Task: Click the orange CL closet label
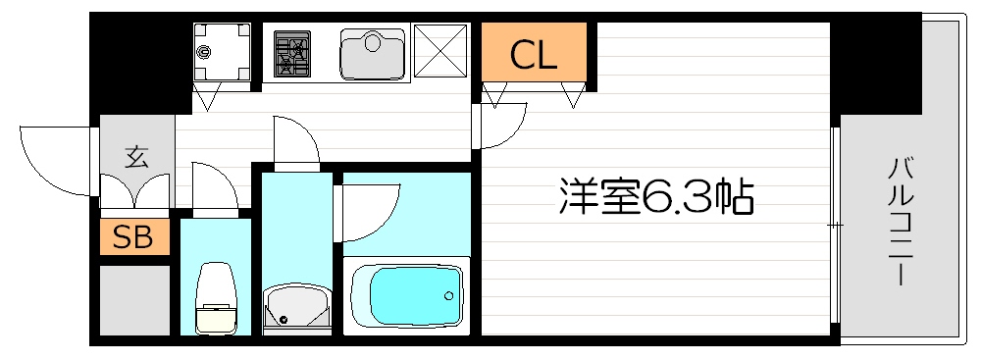pyautogui.click(x=534, y=56)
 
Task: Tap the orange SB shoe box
pyautogui.click(x=133, y=237)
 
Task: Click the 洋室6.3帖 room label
pyautogui.click(x=655, y=198)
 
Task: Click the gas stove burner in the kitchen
pyautogui.click(x=291, y=54)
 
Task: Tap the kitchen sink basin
pyautogui.click(x=373, y=54)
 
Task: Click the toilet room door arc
pyautogui.click(x=215, y=186)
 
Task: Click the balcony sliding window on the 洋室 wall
pyautogui.click(x=836, y=225)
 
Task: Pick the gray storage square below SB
pyautogui.click(x=133, y=298)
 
